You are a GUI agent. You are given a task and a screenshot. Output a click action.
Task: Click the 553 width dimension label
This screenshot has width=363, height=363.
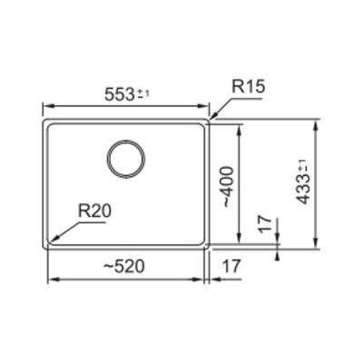(118, 93)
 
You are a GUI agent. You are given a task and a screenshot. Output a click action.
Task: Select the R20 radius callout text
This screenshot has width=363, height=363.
(93, 211)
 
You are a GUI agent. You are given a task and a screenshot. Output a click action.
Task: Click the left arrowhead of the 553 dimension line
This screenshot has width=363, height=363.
(46, 104)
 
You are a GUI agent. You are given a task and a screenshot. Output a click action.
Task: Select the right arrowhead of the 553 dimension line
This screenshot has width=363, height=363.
(209, 104)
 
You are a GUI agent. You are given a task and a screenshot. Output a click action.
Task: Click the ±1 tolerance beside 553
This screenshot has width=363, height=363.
(145, 92)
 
